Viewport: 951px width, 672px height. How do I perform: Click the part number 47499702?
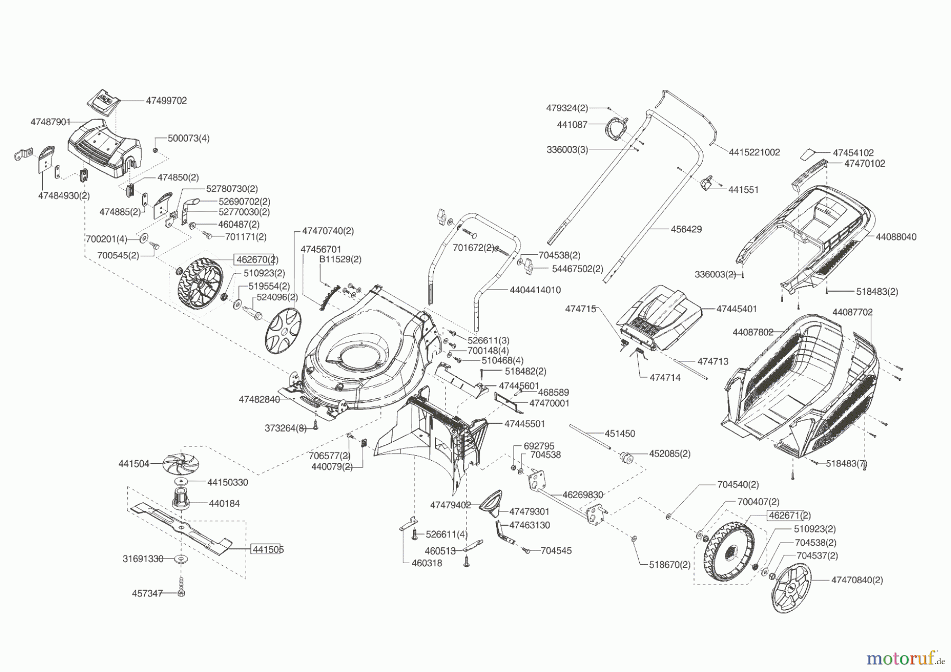pyautogui.click(x=166, y=101)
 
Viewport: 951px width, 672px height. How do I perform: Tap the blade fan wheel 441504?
pyautogui.click(x=182, y=464)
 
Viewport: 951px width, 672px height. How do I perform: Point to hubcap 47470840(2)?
pyautogui.click(x=791, y=587)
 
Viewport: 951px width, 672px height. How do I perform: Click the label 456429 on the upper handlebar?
pyautogui.click(x=686, y=229)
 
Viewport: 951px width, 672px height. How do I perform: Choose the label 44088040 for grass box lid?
pyautogui.click(x=896, y=237)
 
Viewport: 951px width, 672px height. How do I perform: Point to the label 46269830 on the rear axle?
pyautogui.click(x=582, y=495)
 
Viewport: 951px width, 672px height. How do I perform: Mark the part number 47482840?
pyautogui.click(x=259, y=400)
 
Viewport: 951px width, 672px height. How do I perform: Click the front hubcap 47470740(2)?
pyautogui.click(x=283, y=331)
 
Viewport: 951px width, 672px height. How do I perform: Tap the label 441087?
pyautogui.click(x=572, y=125)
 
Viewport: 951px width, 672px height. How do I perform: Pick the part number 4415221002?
pyautogui.click(x=754, y=152)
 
